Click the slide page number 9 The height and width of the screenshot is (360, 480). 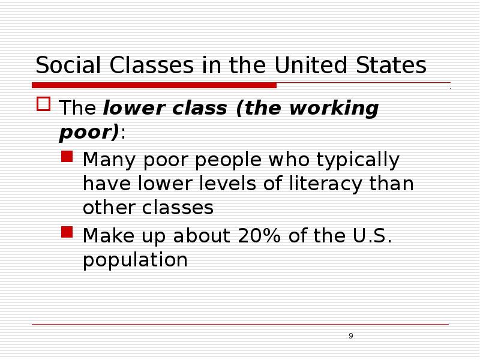click(x=350, y=335)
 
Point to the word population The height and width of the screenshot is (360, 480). click(x=135, y=260)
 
